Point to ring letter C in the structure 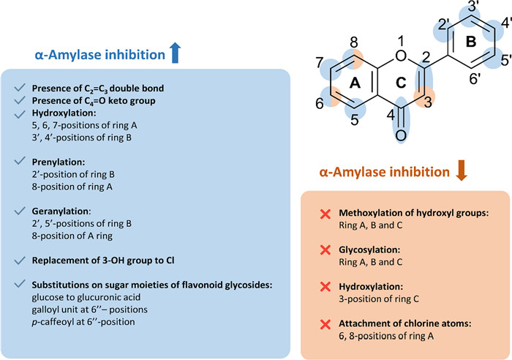(x=400, y=83)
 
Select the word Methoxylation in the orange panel (x=372, y=214)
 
